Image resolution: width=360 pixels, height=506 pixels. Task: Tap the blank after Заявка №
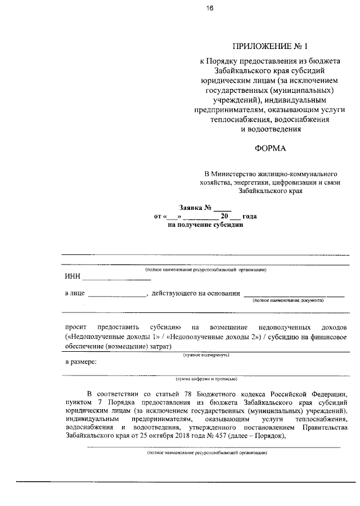(223, 207)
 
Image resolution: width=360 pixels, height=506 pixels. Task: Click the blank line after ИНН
(117, 279)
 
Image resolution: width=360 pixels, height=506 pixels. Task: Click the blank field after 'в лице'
(116, 295)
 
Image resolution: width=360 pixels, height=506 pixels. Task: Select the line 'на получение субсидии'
(205, 225)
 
